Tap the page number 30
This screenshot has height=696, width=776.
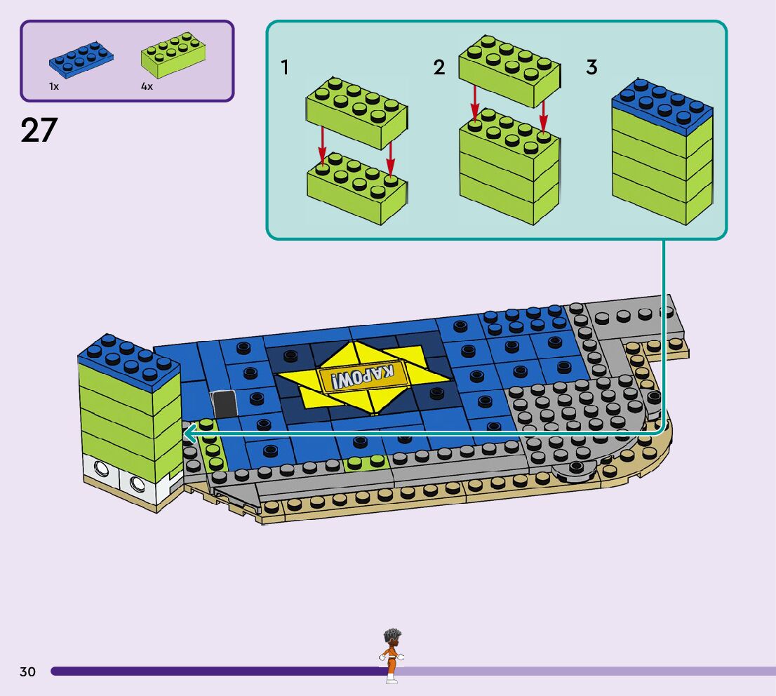coord(27,672)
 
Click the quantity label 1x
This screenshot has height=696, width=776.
coord(54,86)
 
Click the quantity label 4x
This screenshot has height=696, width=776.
coord(147,86)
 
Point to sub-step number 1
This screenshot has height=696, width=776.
coord(285,67)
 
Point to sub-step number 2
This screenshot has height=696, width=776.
coord(439,67)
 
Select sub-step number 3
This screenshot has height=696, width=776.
coord(591,67)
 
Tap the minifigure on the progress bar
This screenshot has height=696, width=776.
coord(391,655)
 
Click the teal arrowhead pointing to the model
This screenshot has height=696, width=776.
coord(189,435)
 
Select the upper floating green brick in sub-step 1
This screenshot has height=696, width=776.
coord(356,112)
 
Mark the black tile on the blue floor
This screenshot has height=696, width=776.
coord(225,404)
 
